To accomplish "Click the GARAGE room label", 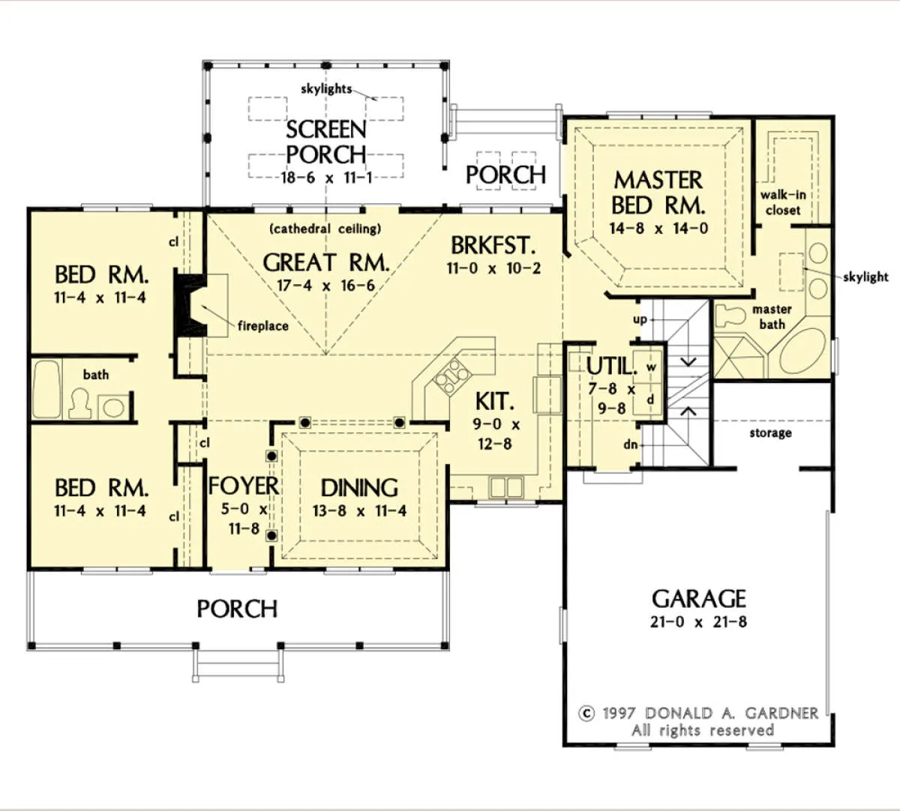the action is (x=698, y=599).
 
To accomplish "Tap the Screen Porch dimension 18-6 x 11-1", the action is (x=326, y=178).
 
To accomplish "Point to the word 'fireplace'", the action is (x=263, y=325).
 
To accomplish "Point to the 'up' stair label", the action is (x=640, y=319).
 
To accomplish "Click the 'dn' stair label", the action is (x=630, y=444).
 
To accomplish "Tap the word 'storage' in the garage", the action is (x=770, y=433).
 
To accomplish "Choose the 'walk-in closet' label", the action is (x=783, y=202).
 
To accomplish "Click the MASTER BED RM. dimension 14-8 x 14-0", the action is (x=658, y=229).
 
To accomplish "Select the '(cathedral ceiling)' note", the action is (x=325, y=229).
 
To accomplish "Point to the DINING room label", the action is (x=359, y=488).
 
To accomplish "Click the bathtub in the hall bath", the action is (x=46, y=389).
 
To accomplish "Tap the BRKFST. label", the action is (x=493, y=245).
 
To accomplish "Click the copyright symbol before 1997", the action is (x=586, y=714).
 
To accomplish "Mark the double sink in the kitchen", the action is (x=507, y=487).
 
